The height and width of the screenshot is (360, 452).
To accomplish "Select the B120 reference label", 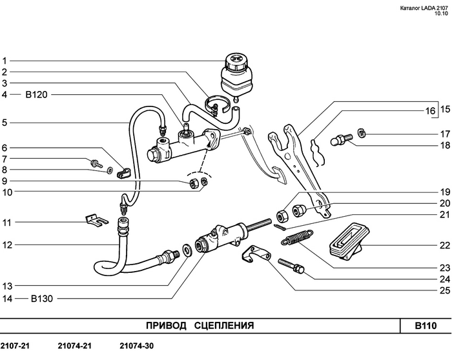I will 37,95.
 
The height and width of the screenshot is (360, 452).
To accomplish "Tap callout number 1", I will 4,60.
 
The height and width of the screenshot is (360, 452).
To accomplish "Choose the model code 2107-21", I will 15,346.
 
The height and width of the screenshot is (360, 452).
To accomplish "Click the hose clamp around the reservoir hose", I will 216,103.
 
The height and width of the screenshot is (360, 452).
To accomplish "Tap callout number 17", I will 444,134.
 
